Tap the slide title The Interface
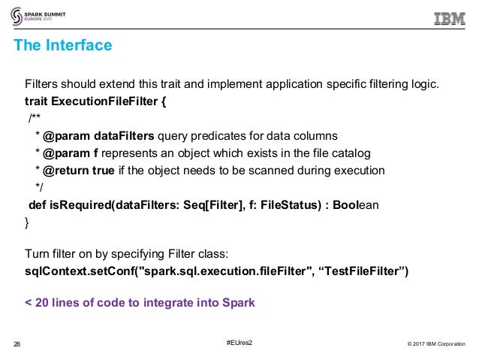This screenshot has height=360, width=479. tap(63, 46)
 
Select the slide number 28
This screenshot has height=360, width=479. tap(17, 345)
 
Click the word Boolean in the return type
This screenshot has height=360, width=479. tap(357, 204)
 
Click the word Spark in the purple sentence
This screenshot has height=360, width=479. tap(239, 303)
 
